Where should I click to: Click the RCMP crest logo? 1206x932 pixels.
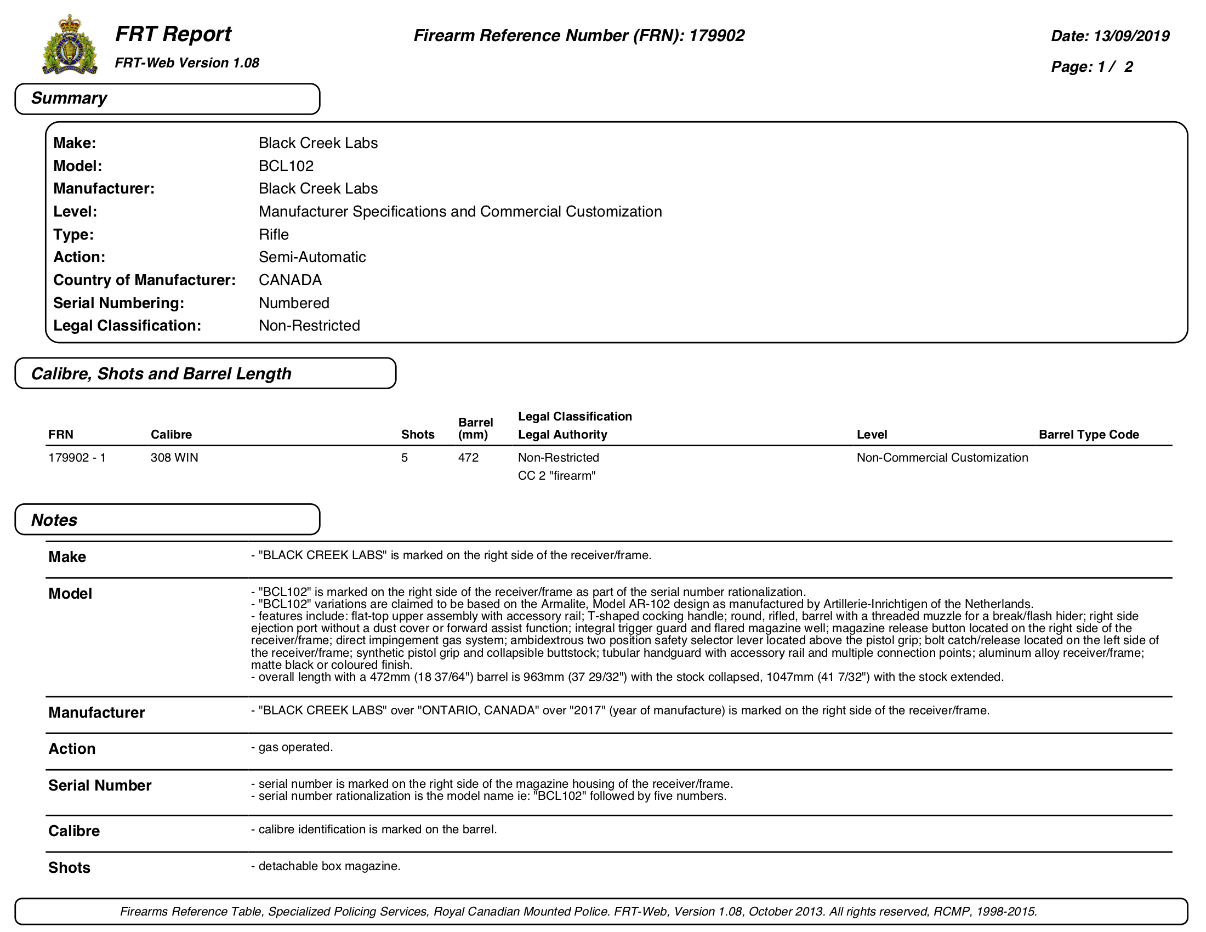click(70, 45)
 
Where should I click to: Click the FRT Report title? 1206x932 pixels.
click(173, 34)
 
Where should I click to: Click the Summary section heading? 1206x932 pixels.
click(69, 98)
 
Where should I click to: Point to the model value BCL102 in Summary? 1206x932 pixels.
click(286, 166)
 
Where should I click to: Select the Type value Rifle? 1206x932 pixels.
click(274, 235)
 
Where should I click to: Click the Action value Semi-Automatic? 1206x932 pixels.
click(312, 257)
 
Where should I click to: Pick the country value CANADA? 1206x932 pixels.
click(290, 280)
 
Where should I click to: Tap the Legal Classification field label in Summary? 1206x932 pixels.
click(127, 326)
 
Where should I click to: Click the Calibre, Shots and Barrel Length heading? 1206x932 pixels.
click(161, 374)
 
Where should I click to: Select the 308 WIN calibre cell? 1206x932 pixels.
click(174, 458)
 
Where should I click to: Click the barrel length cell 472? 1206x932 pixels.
click(468, 458)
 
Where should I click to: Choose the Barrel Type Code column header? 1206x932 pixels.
click(1088, 435)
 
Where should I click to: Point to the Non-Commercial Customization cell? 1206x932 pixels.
click(942, 458)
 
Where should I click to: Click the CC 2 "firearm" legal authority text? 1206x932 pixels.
click(556, 476)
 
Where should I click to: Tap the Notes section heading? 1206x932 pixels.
click(54, 520)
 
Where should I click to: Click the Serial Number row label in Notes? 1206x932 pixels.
click(99, 786)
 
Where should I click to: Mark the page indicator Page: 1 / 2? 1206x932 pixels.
click(1091, 67)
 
